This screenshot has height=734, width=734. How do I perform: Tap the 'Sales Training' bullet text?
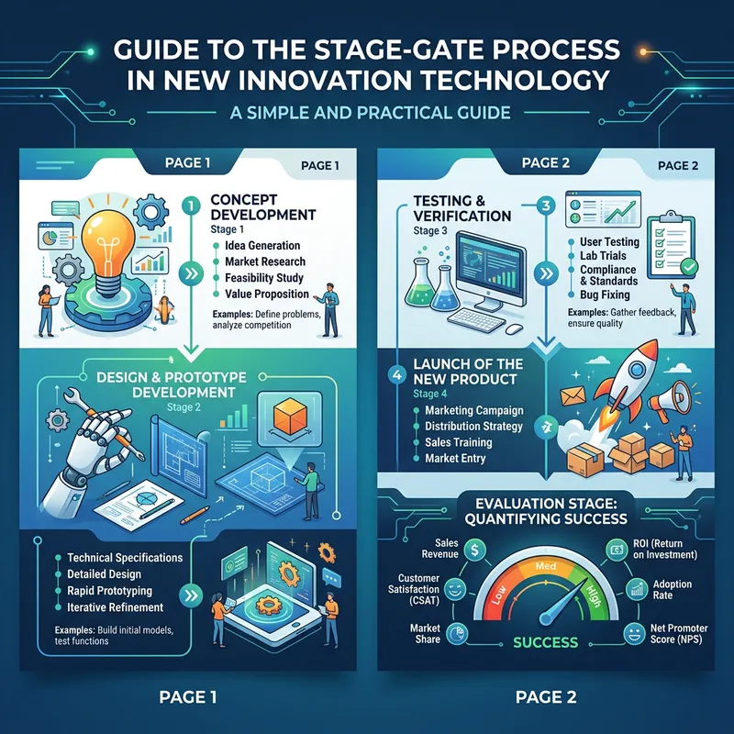click(458, 442)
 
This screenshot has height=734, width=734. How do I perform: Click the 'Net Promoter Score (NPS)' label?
click(676, 636)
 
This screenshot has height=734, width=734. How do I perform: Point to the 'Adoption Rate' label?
click(675, 591)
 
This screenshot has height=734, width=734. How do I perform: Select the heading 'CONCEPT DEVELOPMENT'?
click(262, 206)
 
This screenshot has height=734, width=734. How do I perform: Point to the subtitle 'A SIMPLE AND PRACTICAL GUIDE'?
click(367, 114)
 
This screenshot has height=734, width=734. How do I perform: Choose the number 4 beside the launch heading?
click(396, 374)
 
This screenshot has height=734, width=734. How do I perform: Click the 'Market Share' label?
click(427, 635)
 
